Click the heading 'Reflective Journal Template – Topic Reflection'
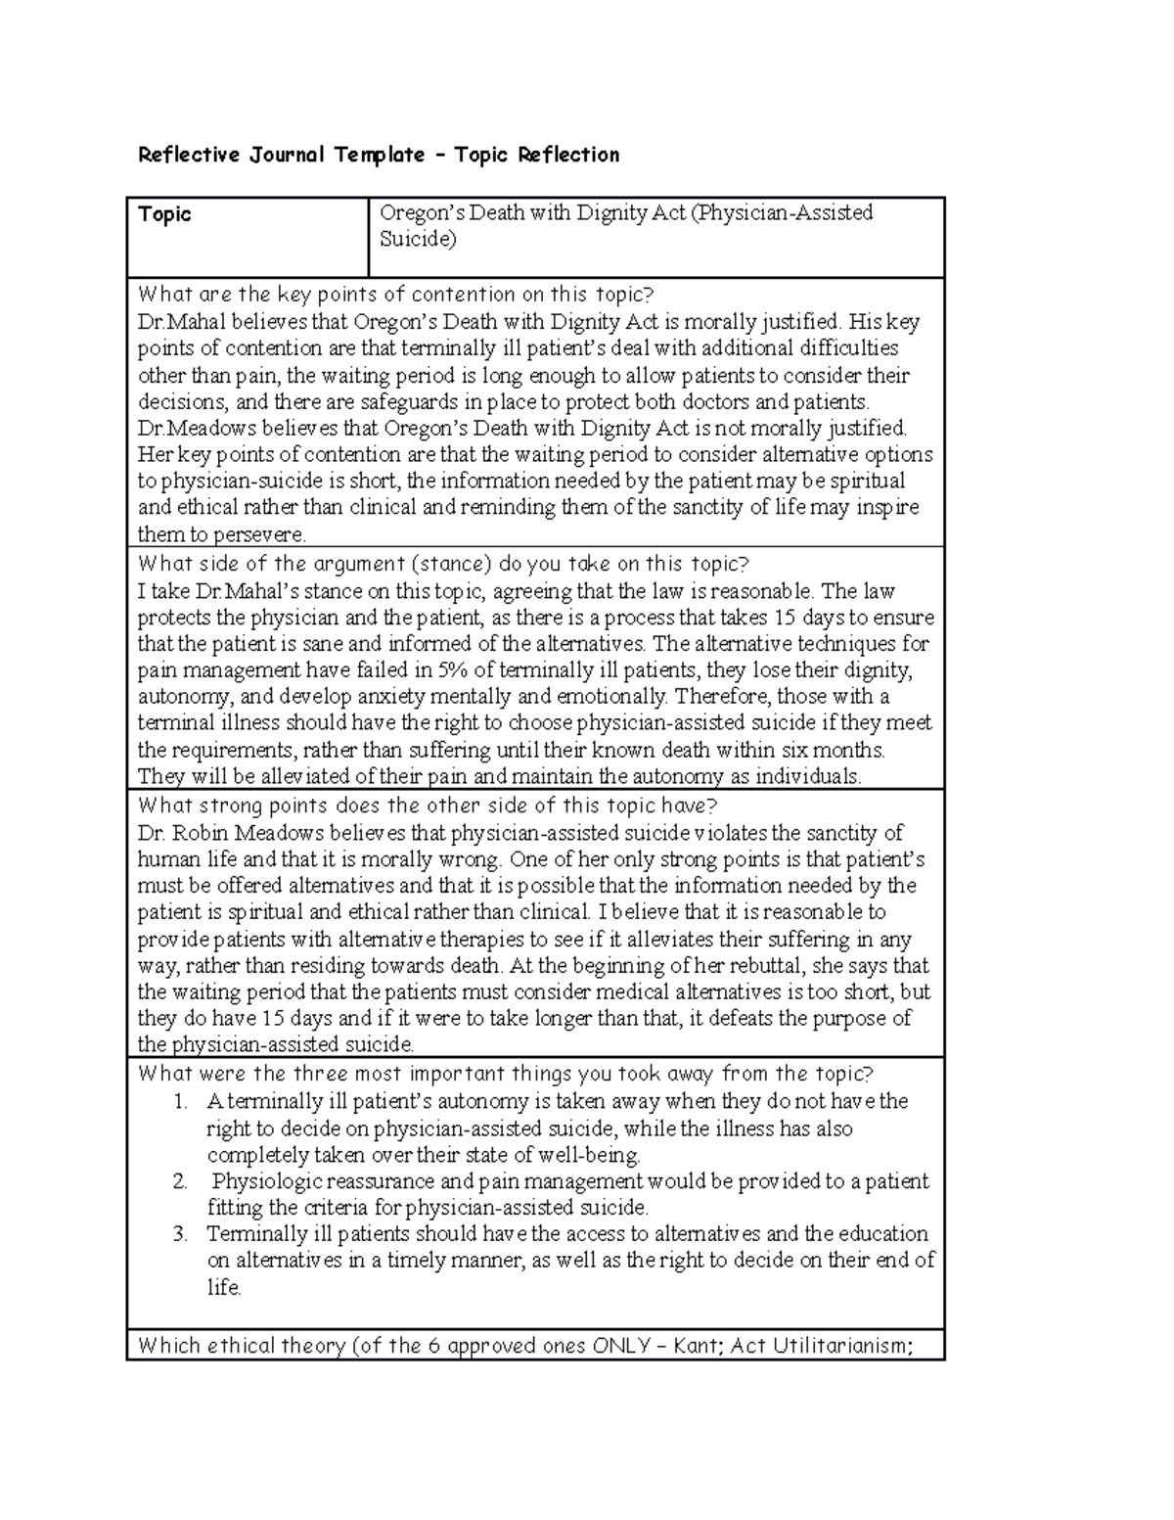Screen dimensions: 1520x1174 (x=379, y=155)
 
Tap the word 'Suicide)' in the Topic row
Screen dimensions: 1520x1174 (x=418, y=239)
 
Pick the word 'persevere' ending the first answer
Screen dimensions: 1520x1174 (x=264, y=535)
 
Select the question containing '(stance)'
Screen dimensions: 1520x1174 (x=442, y=564)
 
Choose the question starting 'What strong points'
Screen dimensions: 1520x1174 (x=428, y=806)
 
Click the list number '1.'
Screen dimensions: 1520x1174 (x=180, y=1102)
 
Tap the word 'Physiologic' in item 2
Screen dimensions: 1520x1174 (x=266, y=1181)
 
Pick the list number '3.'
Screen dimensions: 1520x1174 (x=180, y=1234)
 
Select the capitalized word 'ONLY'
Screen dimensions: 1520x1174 (x=622, y=1347)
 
